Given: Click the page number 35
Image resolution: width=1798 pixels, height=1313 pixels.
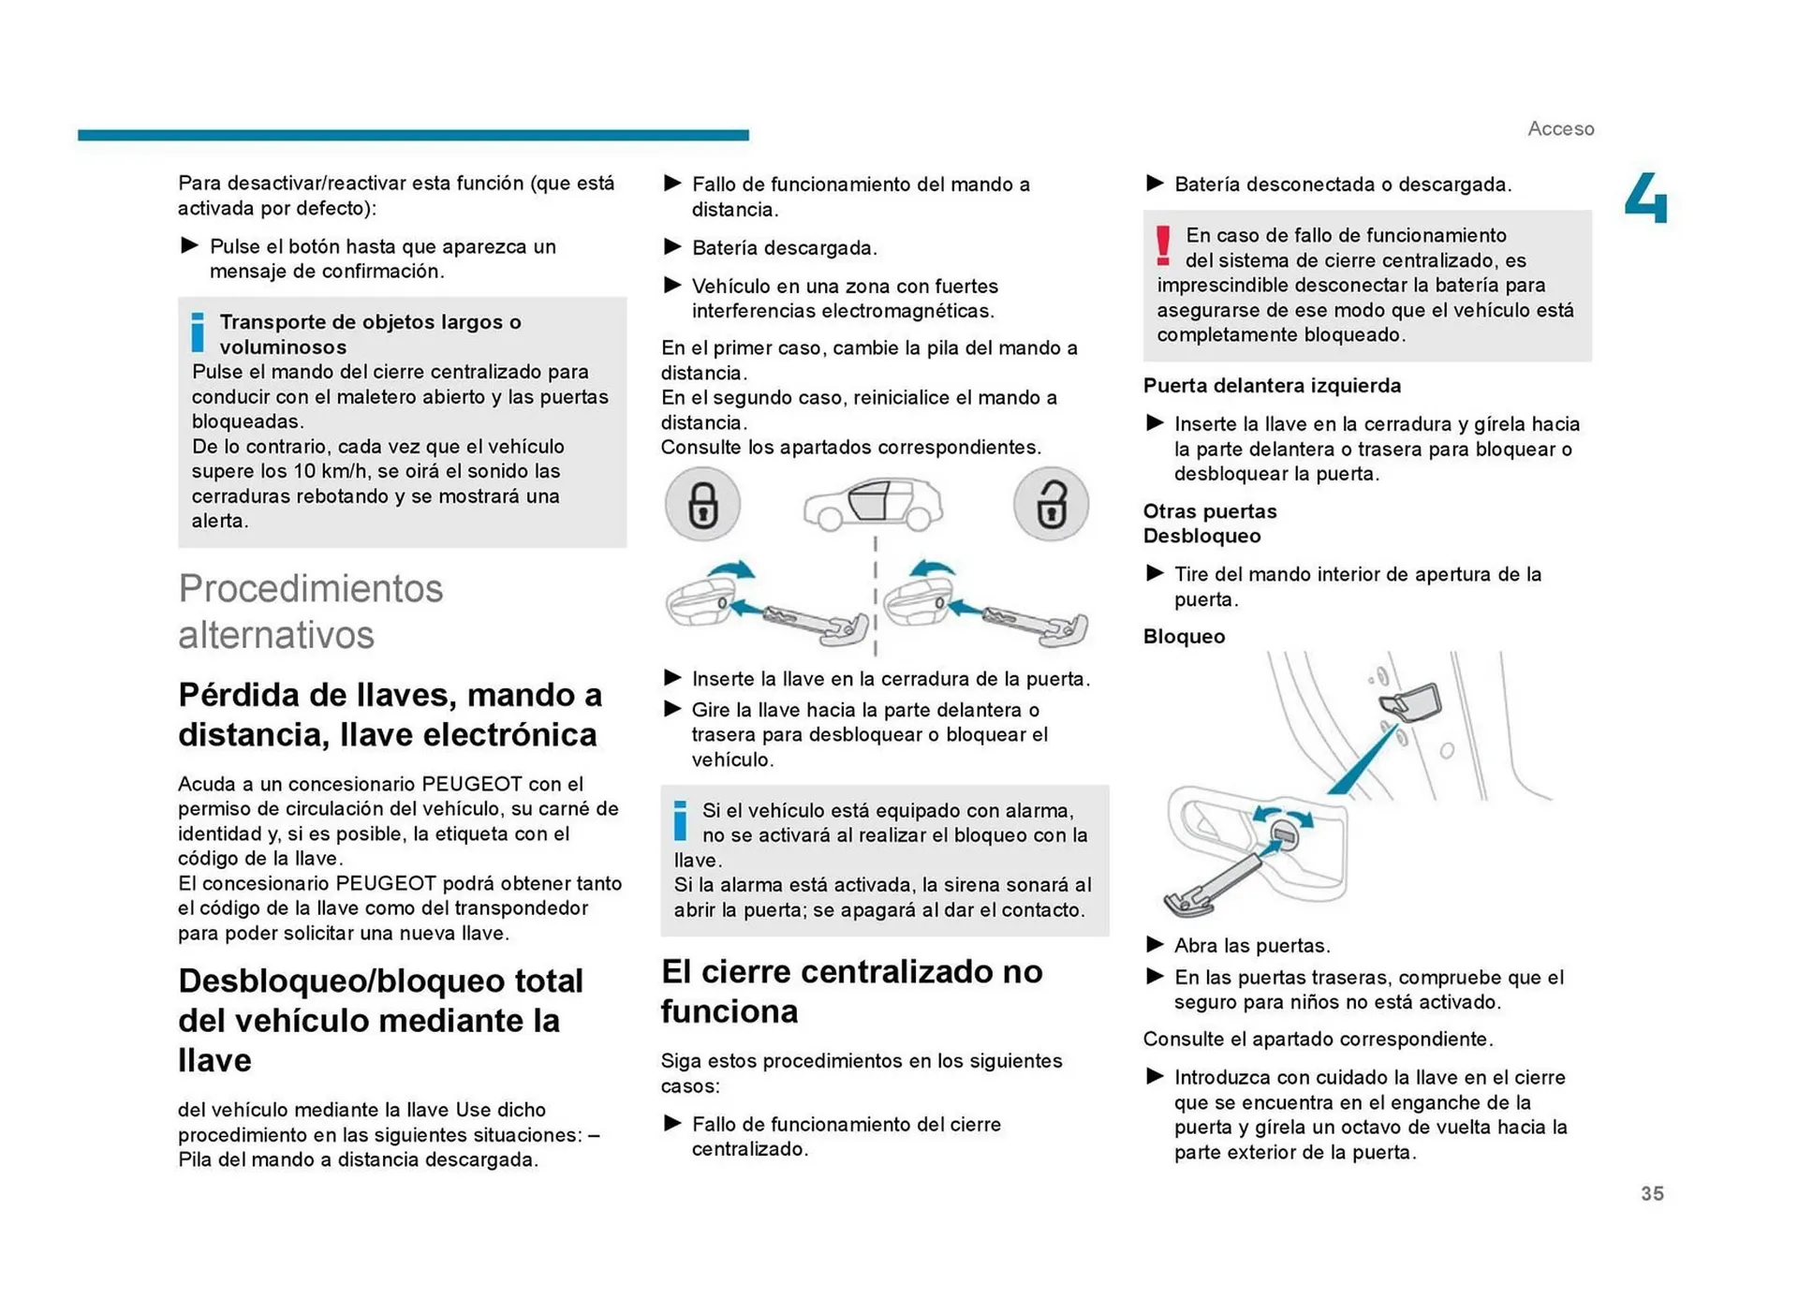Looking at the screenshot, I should (x=1651, y=1193).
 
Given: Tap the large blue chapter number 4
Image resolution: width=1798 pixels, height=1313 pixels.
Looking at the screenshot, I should (x=1645, y=199).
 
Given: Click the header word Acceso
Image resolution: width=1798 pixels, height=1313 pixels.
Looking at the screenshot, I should (x=1560, y=128).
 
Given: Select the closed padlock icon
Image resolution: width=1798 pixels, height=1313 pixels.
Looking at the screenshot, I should (x=702, y=505).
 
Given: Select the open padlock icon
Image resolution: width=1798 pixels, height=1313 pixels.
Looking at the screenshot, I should (x=1051, y=505).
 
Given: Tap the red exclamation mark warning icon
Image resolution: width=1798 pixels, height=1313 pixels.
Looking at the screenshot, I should (x=1163, y=246).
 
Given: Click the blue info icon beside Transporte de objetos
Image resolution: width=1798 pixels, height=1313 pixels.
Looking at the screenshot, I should (x=198, y=332).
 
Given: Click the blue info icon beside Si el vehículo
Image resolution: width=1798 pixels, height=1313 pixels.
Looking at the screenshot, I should (x=681, y=820).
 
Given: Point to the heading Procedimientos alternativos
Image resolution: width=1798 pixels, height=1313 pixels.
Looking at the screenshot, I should (x=310, y=612).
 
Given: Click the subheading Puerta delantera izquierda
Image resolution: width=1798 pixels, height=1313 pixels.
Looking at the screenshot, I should (x=1272, y=385).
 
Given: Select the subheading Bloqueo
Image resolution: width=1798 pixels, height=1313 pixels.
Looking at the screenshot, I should (x=1184, y=636).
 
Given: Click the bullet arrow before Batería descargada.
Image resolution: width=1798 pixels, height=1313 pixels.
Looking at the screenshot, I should (x=672, y=246).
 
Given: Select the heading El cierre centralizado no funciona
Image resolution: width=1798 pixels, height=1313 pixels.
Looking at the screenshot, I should (x=850, y=991).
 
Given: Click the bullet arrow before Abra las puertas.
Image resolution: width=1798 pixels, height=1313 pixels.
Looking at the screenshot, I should (x=1156, y=944).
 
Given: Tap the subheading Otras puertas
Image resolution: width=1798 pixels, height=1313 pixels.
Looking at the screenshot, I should (x=1209, y=511).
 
